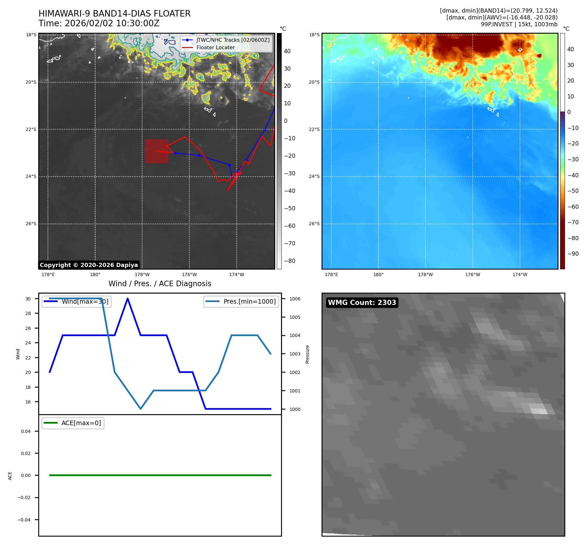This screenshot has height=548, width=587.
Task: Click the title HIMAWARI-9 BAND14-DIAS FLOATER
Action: pos(114,14)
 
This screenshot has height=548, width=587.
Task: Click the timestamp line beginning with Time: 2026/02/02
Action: pos(99,23)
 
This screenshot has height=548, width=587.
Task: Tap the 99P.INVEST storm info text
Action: pos(519,24)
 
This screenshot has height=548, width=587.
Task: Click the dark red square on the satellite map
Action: pos(156,151)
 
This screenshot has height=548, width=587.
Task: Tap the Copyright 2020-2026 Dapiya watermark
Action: pos(89,265)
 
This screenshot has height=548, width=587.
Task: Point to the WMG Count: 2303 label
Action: pos(362,302)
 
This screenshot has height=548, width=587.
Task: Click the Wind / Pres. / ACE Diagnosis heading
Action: pos(160,284)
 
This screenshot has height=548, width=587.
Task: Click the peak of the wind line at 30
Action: pos(128,298)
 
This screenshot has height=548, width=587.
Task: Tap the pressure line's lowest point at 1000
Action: pos(141,409)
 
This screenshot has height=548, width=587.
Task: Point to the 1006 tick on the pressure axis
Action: pos(295,299)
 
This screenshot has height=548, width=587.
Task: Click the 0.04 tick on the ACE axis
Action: pos(26,431)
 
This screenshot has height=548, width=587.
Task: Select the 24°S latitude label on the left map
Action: pos(31,177)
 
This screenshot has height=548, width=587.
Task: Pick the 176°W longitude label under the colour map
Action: pos(472,274)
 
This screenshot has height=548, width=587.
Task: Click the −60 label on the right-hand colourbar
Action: pos(573,206)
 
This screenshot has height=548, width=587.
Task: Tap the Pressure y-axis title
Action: pos(307,354)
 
